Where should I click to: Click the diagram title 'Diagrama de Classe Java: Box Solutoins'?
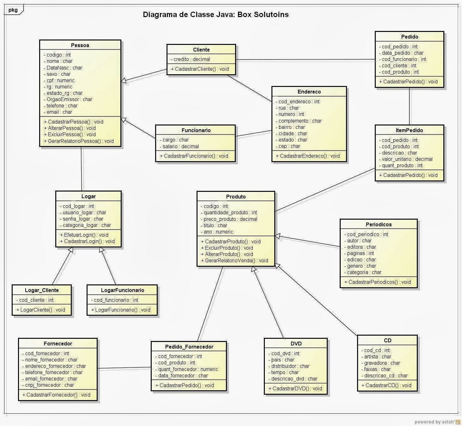[216, 15]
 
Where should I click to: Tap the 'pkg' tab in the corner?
[13, 10]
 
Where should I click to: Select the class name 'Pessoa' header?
[80, 45]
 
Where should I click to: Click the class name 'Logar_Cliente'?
[42, 290]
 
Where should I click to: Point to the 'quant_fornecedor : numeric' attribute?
[188, 369]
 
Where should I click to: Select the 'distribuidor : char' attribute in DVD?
[290, 366]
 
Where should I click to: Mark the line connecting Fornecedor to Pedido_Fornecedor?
[124, 368]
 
